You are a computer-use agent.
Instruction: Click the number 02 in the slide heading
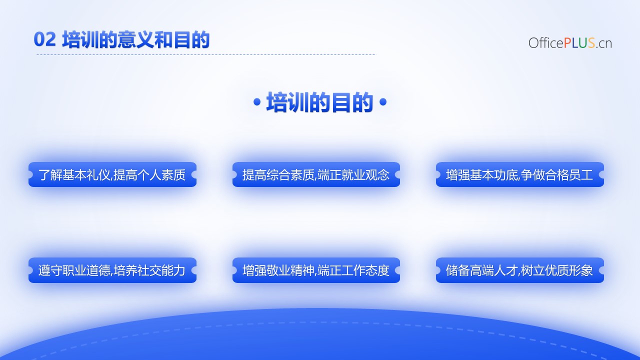point(44,39)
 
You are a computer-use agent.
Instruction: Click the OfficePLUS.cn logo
point(570,43)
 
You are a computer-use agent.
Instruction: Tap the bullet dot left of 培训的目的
point(257,102)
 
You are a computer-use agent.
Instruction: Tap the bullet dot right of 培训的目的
point(382,102)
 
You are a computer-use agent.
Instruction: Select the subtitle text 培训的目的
point(319,102)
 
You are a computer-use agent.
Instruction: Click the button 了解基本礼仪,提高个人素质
point(112,174)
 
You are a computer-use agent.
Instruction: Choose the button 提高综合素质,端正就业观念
point(316,174)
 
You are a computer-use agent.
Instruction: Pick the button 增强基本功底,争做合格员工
point(519,174)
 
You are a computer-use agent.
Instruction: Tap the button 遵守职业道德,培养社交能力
point(112,270)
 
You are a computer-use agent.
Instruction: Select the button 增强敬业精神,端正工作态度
point(316,270)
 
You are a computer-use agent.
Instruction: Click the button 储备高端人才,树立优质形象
point(519,270)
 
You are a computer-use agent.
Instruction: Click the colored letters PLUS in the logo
point(579,43)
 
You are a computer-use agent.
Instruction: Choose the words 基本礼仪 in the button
point(74,175)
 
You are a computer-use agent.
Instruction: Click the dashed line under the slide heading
point(206,54)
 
